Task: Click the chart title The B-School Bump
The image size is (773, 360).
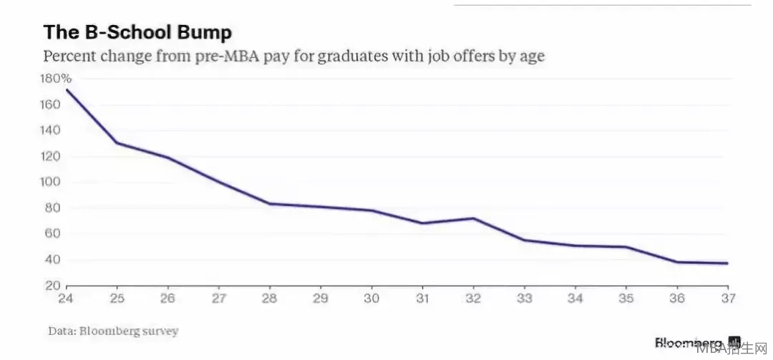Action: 137,33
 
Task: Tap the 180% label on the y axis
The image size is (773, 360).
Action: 57,79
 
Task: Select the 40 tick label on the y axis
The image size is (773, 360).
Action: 52,259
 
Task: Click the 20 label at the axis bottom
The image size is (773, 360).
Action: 52,286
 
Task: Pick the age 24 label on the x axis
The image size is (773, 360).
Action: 67,298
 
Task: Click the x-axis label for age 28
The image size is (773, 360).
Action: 270,298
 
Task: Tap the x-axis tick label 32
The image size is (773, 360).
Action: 474,298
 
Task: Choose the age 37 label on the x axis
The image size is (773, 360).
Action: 728,298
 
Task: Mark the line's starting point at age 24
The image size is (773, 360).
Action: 67,89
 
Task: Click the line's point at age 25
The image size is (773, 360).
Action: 117,142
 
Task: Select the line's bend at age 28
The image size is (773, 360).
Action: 270,203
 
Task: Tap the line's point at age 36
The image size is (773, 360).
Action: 677,262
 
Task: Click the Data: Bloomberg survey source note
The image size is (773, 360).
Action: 113,331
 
